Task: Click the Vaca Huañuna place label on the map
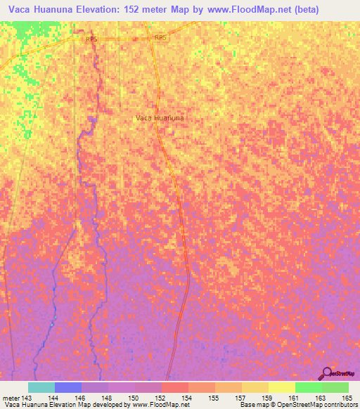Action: click(x=160, y=118)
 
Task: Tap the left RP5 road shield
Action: click(x=91, y=40)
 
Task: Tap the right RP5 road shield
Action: click(x=161, y=37)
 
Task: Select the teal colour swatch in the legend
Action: click(x=41, y=387)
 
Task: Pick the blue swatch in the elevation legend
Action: click(x=67, y=387)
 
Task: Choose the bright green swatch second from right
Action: click(x=308, y=387)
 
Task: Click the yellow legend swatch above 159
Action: click(x=281, y=387)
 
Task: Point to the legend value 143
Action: click(x=27, y=397)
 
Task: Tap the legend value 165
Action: click(x=345, y=397)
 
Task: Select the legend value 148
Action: click(x=108, y=397)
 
